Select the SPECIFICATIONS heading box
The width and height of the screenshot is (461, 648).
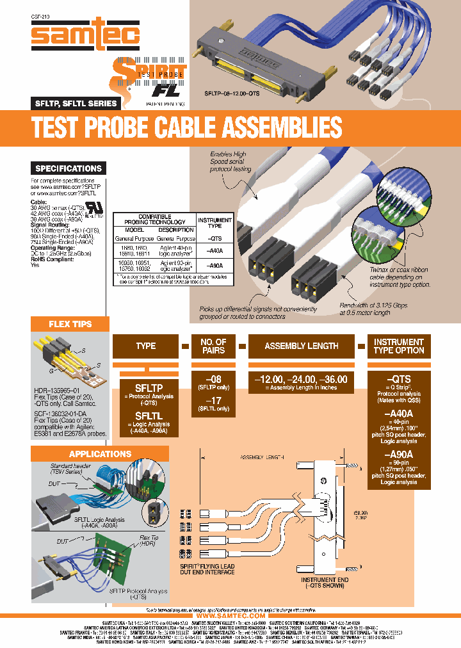pyautogui.click(x=68, y=168)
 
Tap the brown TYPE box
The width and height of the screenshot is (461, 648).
pyautogui.click(x=145, y=346)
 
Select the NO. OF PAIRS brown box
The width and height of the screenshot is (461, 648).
pyautogui.click(x=213, y=346)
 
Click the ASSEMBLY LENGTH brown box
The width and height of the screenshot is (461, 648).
pyautogui.click(x=302, y=346)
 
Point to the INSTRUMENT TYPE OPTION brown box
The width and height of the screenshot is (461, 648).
pyautogui.click(x=399, y=346)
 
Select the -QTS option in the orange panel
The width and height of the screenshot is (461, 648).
pyautogui.click(x=398, y=379)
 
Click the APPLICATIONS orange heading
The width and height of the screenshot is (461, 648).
pyautogui.click(x=100, y=454)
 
